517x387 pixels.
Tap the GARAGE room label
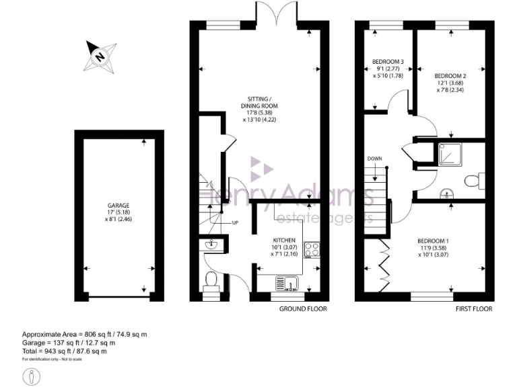click(x=118, y=206)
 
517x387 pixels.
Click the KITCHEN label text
click(x=284, y=240)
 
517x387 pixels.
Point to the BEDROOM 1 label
click(x=434, y=241)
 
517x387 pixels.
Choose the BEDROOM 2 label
click(x=450, y=75)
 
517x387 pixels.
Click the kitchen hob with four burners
click(x=312, y=249)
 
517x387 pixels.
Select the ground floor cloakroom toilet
click(x=211, y=280)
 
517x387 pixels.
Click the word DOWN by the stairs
click(x=375, y=159)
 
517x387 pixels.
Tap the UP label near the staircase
click(x=235, y=223)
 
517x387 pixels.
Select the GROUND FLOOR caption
click(x=303, y=309)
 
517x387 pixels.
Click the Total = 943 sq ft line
click(x=65, y=351)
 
